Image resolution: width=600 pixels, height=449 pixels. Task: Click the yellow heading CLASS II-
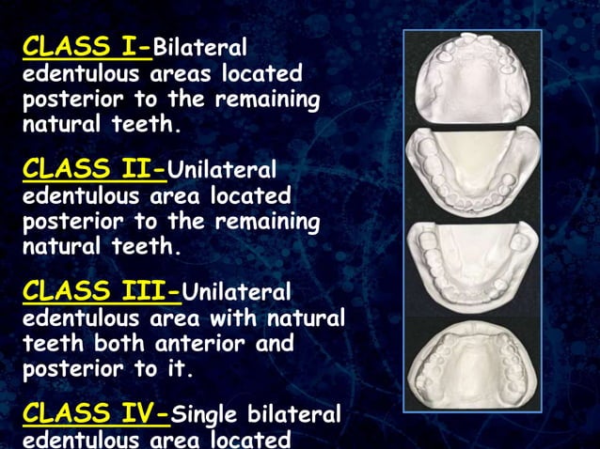94,169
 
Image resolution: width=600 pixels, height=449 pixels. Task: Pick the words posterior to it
106,370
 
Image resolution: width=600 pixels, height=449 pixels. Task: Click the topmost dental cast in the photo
472,80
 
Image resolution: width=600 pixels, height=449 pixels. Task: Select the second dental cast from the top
472,169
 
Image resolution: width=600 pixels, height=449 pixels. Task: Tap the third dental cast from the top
472,263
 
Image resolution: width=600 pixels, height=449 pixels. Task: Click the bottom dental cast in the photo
472,362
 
